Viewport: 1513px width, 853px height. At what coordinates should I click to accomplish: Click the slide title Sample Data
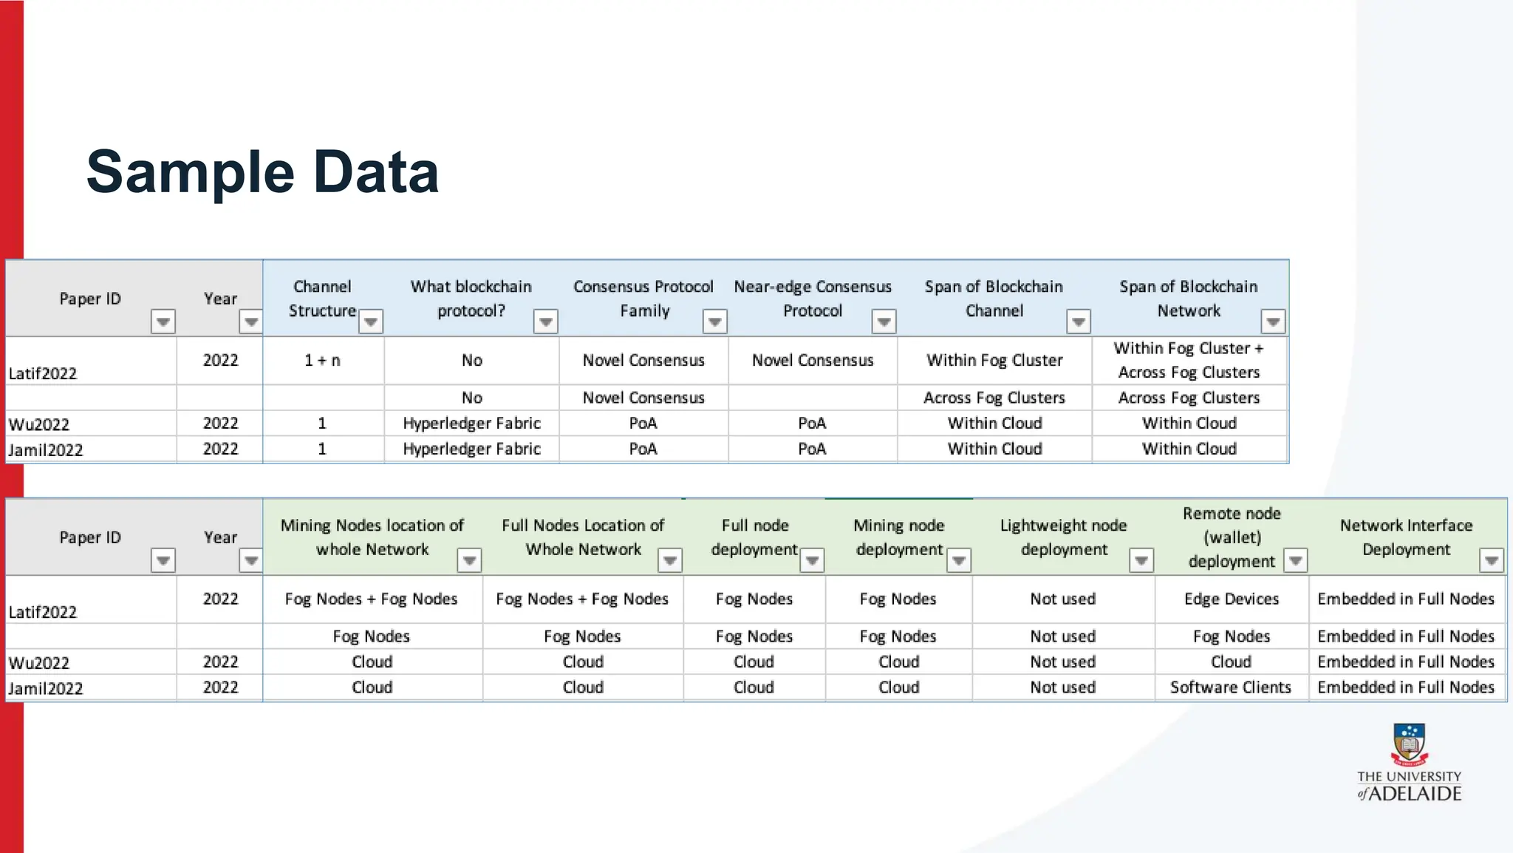point(262,172)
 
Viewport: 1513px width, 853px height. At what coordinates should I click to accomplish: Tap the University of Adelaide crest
point(1409,744)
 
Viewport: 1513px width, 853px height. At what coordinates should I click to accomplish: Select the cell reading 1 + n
point(322,361)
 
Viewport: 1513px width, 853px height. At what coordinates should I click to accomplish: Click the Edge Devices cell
point(1231,599)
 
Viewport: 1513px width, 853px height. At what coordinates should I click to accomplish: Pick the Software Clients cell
point(1230,687)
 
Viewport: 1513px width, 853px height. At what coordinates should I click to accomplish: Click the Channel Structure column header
point(322,299)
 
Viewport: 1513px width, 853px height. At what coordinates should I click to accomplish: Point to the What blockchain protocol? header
point(471,299)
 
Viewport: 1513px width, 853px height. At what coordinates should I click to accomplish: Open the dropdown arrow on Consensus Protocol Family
point(714,322)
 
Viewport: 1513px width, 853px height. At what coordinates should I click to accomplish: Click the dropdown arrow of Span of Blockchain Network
point(1273,322)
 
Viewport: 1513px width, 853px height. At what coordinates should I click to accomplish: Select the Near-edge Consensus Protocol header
point(812,299)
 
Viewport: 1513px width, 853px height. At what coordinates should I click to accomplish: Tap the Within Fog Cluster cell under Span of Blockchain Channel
point(994,361)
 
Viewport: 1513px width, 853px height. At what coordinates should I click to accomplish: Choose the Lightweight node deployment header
point(1063,537)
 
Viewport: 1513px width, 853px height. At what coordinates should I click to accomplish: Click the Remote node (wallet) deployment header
point(1231,537)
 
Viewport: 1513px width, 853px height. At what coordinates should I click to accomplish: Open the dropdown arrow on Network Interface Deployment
point(1492,560)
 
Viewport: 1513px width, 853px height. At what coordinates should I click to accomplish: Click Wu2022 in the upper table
point(39,424)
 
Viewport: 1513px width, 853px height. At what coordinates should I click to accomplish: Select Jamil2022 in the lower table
point(46,689)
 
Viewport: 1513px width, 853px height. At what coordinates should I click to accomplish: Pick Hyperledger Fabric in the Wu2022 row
point(471,424)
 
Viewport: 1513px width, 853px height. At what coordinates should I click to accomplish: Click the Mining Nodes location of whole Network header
point(372,537)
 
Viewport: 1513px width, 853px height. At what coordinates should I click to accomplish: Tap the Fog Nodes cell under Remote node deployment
point(1231,636)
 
